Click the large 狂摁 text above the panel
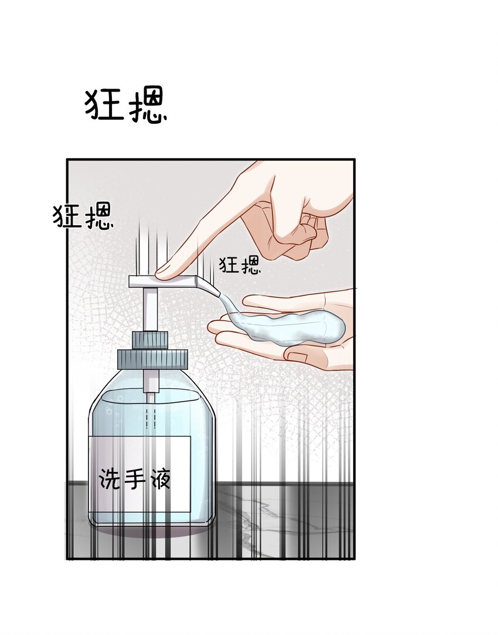126,106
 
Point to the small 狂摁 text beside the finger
240,266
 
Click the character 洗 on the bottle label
110,478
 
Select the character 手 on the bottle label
135,478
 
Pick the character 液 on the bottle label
160,478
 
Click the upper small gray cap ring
150,340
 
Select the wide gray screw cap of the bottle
152,359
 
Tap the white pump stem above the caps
150,309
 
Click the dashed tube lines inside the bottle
150,418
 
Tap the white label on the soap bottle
139,474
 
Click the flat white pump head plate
162,281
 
